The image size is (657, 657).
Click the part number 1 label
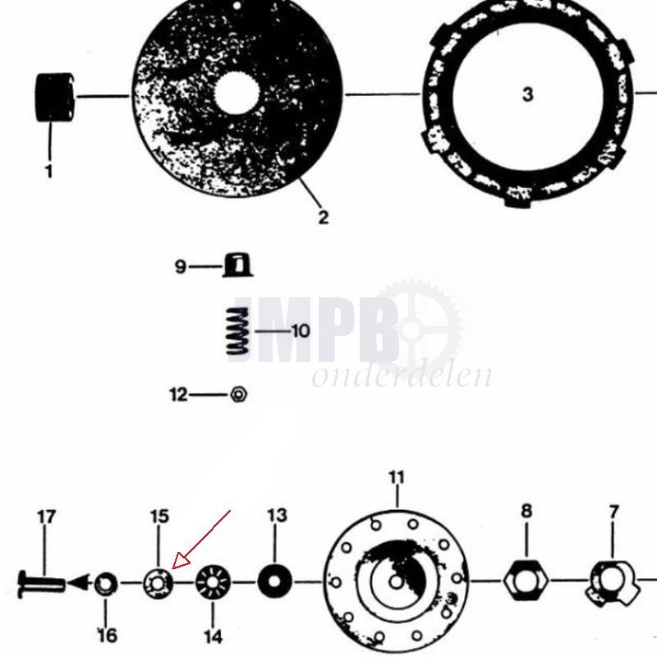[48, 172]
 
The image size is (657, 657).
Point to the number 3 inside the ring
[527, 94]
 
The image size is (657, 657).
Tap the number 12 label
[178, 395]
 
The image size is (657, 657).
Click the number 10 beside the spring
[300, 331]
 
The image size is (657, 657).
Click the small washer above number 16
[106, 585]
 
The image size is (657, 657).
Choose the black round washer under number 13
[275, 582]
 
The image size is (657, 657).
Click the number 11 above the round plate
[397, 478]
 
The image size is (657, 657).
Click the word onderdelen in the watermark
[402, 375]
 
